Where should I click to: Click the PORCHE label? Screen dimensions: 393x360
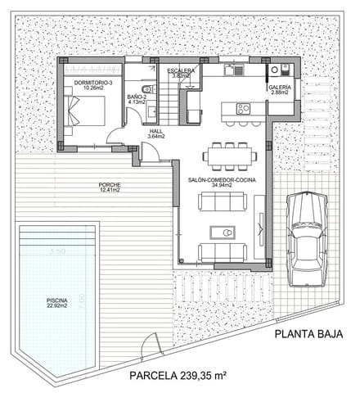109,185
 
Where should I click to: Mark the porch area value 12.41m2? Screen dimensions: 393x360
109,191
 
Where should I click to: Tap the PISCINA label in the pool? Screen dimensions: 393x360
56,300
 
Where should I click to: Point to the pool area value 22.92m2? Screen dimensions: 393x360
56,307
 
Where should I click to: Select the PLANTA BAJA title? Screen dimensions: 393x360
307,333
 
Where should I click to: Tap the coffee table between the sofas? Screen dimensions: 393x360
224,229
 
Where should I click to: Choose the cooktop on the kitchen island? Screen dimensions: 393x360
243,108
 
